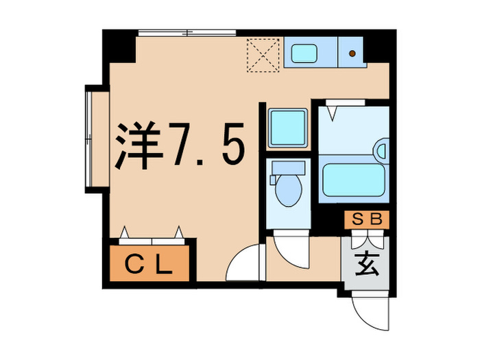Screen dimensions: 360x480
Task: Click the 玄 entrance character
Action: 366,263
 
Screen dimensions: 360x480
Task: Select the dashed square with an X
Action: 264,53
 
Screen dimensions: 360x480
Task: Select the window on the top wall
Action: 187,32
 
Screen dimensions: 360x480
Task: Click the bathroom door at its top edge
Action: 345,104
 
